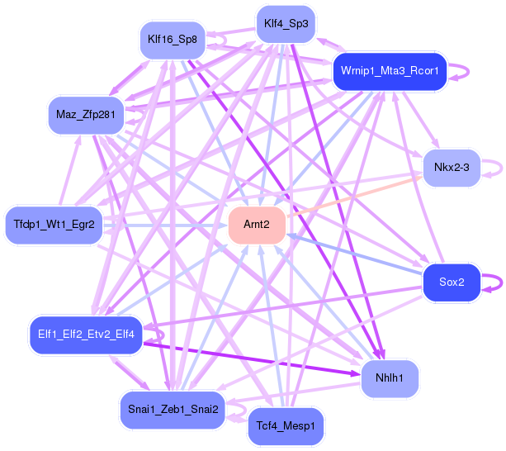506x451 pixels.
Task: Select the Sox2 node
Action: click(452, 282)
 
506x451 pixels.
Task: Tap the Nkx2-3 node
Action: click(452, 169)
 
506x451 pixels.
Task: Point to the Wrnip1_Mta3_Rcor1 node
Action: click(390, 71)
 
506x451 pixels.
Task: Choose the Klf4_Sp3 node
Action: click(286, 24)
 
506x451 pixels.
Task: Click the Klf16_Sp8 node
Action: click(172, 39)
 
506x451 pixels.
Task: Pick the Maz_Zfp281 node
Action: click(85, 114)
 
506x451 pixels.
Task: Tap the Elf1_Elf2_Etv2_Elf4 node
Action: click(86, 334)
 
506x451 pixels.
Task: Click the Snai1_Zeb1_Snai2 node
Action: click(173, 409)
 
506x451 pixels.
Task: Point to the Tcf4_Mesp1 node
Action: click(286, 425)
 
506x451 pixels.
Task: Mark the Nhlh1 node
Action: click(390, 377)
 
